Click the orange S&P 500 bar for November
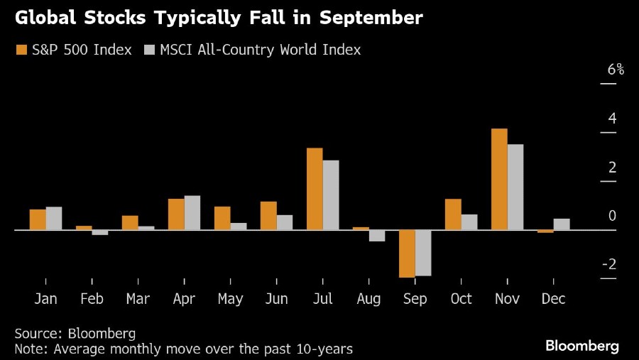tap(499, 179)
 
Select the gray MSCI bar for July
tap(331, 195)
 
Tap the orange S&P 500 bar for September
tap(407, 253)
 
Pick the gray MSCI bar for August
tap(377, 236)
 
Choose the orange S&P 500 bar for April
tap(176, 214)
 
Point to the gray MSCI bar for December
tap(562, 224)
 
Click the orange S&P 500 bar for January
tap(38, 220)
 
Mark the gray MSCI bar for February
tap(100, 232)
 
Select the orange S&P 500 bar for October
tap(453, 214)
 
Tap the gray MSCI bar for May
tap(239, 227)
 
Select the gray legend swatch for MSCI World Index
tap(149, 50)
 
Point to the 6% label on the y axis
tap(616, 70)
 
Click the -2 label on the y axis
tap(608, 264)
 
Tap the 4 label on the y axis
tap(611, 119)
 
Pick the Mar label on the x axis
tap(138, 299)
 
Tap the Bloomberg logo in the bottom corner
tap(582, 346)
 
